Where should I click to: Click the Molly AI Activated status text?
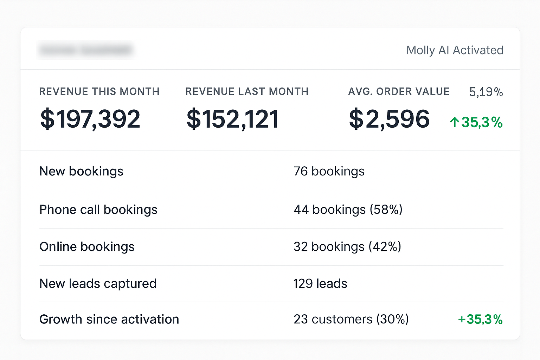tap(455, 50)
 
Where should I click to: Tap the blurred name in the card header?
tap(85, 50)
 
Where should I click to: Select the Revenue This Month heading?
tap(99, 92)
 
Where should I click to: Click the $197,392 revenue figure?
tap(90, 119)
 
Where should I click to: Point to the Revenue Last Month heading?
tap(247, 92)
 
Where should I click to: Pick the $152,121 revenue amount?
tap(233, 119)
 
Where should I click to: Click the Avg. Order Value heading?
tap(399, 92)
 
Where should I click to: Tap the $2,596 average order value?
tap(389, 119)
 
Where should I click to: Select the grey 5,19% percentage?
tap(486, 92)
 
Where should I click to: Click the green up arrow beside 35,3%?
tap(454, 122)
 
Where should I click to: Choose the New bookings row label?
tap(81, 172)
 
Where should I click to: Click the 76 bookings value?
tap(329, 172)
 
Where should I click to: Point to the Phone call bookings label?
tap(98, 210)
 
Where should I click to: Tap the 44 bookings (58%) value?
tap(348, 210)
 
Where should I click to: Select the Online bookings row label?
tap(87, 247)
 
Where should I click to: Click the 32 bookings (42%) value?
tap(347, 247)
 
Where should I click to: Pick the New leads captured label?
tap(98, 284)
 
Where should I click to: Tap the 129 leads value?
tap(320, 284)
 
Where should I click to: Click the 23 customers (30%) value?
tap(351, 320)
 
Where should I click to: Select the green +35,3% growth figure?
tap(480, 320)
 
